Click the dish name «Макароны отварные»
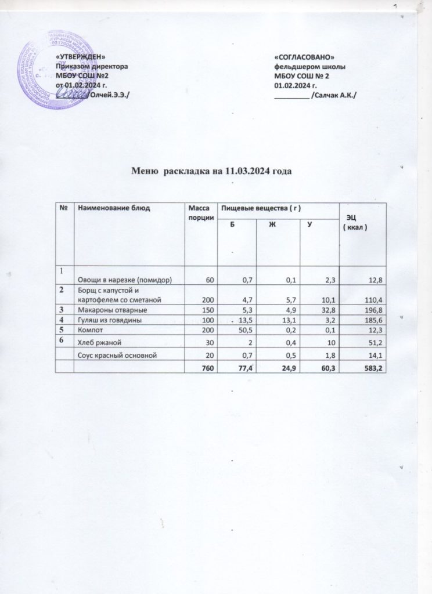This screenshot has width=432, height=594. click(x=104, y=310)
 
